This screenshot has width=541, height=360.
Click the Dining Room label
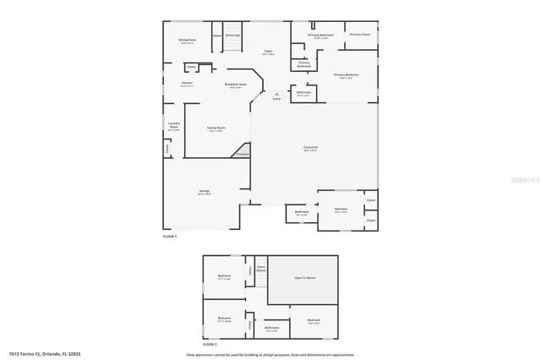click(187, 40)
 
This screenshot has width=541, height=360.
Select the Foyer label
click(267, 52)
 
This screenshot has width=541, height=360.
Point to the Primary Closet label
click(360, 35)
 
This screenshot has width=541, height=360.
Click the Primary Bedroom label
click(346, 74)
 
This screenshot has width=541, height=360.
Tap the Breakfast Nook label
click(235, 84)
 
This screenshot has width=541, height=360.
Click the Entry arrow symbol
click(276, 96)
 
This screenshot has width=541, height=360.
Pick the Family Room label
click(216, 128)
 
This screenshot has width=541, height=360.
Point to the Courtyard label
click(310, 148)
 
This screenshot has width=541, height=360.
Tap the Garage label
click(205, 192)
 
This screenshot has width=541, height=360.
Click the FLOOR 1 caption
click(170, 237)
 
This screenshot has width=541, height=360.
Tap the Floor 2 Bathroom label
click(271, 327)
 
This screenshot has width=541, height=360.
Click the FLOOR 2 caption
click(209, 345)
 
